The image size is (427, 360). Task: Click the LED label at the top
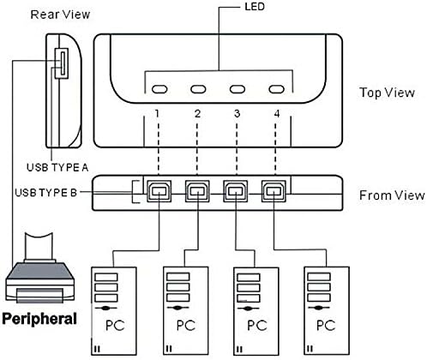tap(255, 7)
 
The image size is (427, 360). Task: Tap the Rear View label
tap(60, 15)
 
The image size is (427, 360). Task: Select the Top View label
tap(387, 93)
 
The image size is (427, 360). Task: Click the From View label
tap(392, 195)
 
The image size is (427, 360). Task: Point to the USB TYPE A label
tap(57, 167)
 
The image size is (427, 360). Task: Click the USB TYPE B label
tap(46, 193)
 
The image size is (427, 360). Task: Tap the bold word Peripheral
tap(39, 319)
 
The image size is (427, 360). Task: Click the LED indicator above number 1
tap(159, 89)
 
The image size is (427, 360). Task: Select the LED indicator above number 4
tap(276, 89)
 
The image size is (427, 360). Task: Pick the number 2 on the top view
tap(197, 114)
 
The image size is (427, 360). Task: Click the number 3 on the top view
tap(237, 114)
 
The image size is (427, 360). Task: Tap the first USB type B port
tap(159, 191)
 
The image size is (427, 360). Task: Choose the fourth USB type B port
tap(274, 191)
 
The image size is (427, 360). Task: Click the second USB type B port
tap(197, 191)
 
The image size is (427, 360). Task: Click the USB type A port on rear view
tap(62, 63)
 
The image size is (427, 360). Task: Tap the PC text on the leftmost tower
tap(115, 326)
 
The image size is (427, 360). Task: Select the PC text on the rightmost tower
tap(326, 326)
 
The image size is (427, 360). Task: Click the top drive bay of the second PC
tap(178, 277)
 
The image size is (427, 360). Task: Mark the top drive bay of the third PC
tap(249, 277)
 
